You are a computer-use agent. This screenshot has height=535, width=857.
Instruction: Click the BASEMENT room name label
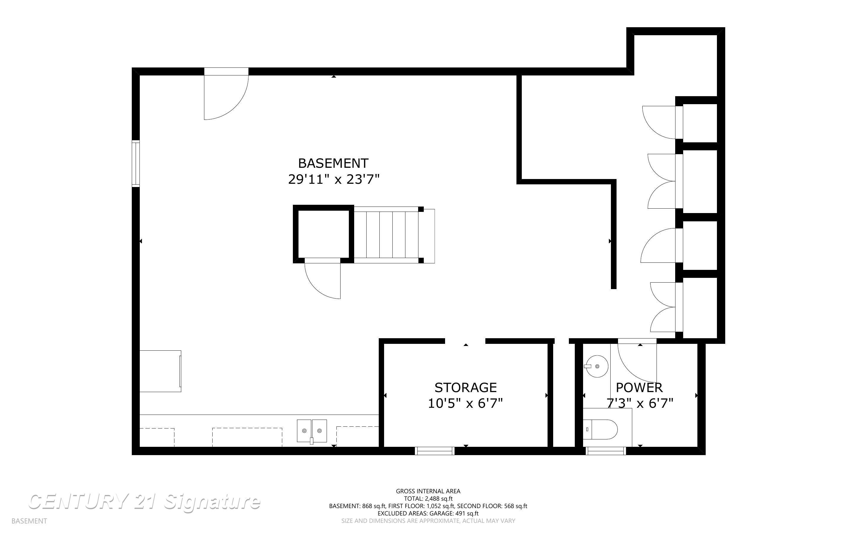tap(333, 163)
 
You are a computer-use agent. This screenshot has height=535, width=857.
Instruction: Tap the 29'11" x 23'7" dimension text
tap(333, 179)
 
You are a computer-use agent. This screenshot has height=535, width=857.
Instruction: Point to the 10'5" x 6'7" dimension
tap(466, 403)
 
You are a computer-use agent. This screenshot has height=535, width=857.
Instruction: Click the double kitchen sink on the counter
tap(312, 431)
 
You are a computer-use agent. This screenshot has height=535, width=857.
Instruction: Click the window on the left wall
tap(136, 163)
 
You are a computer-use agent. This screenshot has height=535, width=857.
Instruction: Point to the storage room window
tap(435, 451)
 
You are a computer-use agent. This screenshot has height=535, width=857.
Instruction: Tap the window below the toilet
tap(606, 451)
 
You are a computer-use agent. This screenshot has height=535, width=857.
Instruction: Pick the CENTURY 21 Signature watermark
tap(144, 502)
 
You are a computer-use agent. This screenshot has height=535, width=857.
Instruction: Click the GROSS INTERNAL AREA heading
tap(428, 491)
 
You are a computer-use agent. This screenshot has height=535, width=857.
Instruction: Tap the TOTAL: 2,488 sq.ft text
tap(428, 499)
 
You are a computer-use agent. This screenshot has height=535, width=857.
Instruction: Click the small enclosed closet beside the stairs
tap(323, 234)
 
